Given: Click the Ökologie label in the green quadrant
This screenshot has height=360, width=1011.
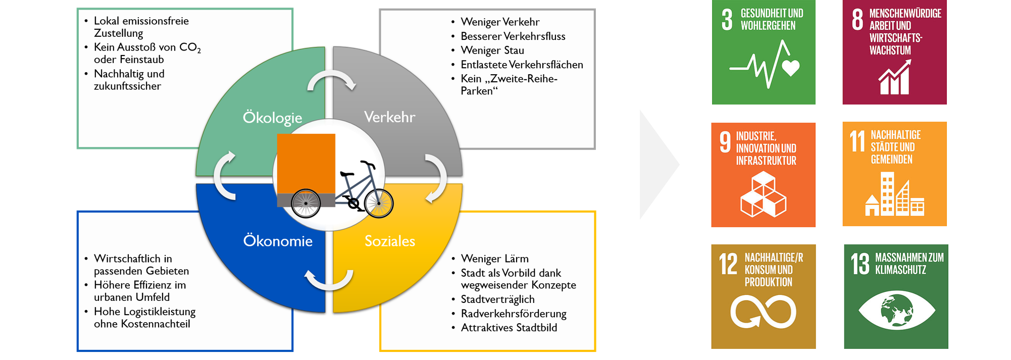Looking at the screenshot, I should click(272, 118).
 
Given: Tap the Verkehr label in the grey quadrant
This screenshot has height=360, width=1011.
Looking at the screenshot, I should click(389, 117).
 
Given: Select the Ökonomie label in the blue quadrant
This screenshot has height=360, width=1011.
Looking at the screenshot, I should click(278, 241).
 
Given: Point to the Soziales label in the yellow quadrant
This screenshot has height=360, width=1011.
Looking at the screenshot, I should click(390, 241).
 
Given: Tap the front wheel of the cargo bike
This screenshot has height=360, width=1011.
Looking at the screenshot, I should click(379, 203).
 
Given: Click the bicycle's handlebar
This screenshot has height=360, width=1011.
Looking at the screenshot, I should click(368, 164).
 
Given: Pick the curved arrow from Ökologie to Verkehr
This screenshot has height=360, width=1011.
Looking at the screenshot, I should click(331, 80).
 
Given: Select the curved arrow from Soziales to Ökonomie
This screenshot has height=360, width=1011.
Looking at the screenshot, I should click(329, 280).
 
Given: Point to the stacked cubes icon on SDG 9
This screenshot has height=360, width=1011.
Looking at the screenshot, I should click(763, 194).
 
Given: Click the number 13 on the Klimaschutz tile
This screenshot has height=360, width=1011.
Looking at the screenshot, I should click(860, 264).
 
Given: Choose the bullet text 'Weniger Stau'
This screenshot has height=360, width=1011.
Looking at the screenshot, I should click(492, 50).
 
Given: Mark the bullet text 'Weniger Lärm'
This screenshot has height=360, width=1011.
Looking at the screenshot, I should click(494, 259).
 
